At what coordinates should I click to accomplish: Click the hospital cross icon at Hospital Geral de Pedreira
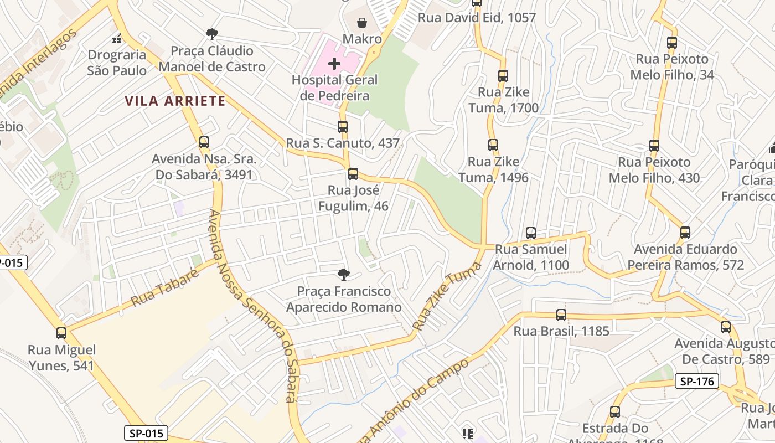click(x=334, y=64)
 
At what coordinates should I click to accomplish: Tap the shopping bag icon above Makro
click(x=361, y=23)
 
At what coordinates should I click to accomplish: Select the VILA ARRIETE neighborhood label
click(x=175, y=101)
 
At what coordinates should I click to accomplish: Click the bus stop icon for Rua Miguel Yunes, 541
click(x=61, y=333)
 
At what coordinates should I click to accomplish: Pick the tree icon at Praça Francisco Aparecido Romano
click(x=343, y=274)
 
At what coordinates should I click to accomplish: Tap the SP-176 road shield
click(x=697, y=381)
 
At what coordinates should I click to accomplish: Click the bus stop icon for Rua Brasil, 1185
click(x=561, y=315)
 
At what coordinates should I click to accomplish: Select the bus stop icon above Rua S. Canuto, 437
click(x=343, y=127)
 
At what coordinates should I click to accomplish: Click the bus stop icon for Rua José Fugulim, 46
click(x=353, y=174)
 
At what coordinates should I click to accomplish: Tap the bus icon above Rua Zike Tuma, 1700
click(x=503, y=76)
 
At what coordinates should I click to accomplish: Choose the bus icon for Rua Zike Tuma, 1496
click(x=493, y=145)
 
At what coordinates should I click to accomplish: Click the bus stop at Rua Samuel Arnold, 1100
click(x=531, y=233)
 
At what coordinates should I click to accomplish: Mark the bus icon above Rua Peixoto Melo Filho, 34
click(x=672, y=43)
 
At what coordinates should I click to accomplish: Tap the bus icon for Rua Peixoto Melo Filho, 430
click(x=654, y=146)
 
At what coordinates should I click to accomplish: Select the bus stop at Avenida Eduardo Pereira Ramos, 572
click(x=685, y=233)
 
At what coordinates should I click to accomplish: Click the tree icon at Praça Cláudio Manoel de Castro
click(x=211, y=34)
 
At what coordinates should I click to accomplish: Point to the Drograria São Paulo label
click(x=117, y=63)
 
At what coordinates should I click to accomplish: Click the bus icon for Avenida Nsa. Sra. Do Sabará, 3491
click(x=204, y=142)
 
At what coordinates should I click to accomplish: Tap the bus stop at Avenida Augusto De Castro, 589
click(x=726, y=327)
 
